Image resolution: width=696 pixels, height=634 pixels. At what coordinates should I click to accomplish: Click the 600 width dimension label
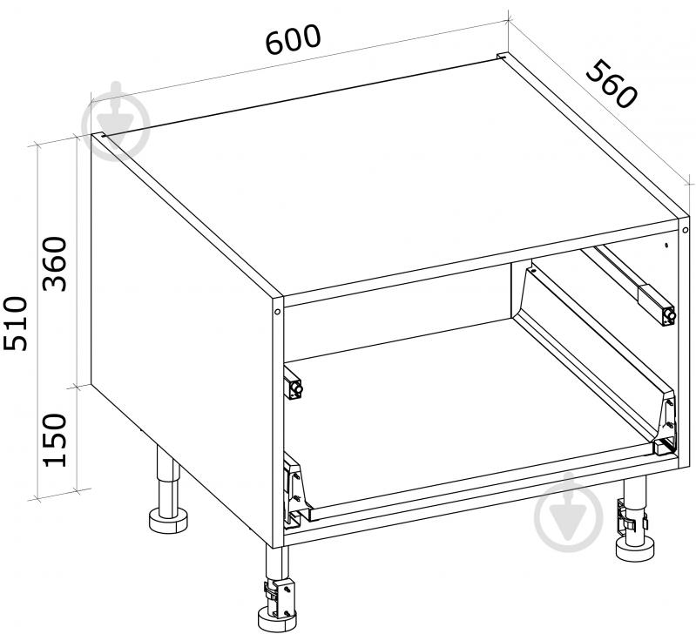(293, 39)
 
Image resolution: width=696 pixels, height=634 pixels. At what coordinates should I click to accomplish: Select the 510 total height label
(16, 324)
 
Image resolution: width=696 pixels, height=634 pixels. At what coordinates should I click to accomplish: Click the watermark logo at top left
(116, 120)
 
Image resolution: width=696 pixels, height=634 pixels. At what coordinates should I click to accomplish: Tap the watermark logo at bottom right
(569, 513)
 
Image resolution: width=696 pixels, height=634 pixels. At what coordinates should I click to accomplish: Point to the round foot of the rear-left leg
(168, 521)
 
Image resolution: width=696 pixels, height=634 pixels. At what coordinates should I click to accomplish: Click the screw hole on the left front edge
(277, 312)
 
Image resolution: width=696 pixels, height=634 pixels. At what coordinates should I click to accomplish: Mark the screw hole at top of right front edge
(686, 230)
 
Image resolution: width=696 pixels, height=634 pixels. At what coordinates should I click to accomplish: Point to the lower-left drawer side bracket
(294, 491)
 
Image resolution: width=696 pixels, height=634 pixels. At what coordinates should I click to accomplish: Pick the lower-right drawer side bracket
(665, 426)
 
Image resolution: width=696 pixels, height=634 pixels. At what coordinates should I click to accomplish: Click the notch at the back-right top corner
(502, 57)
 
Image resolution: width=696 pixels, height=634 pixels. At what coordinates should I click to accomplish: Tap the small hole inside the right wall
(666, 245)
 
